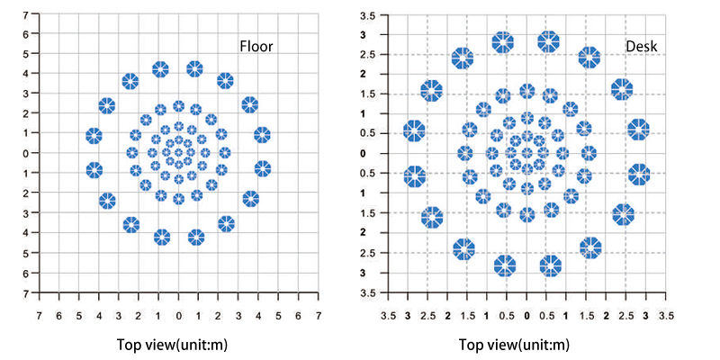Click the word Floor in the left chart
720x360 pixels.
tap(257, 47)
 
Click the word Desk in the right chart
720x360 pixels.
tap(642, 47)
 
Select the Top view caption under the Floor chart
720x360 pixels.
tap(172, 345)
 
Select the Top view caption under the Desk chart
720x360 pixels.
tap(514, 345)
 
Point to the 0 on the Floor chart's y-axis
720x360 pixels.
tap(26, 152)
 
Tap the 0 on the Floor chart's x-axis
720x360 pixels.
tap(178, 316)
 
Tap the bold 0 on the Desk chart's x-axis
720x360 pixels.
tap(526, 316)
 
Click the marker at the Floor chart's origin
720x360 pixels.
tap(178, 152)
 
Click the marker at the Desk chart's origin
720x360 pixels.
tap(527, 153)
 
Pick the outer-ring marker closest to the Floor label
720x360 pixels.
tap(225, 81)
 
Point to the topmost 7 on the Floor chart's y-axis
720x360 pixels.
tap(26, 14)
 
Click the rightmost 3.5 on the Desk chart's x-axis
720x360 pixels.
tap(666, 316)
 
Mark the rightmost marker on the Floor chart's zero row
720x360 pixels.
tap(225, 152)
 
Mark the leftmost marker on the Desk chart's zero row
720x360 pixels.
tap(465, 153)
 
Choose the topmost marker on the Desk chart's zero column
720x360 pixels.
tap(527, 91)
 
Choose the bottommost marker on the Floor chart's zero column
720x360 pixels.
tap(178, 199)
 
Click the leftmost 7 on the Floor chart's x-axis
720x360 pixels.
tap(40, 316)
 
